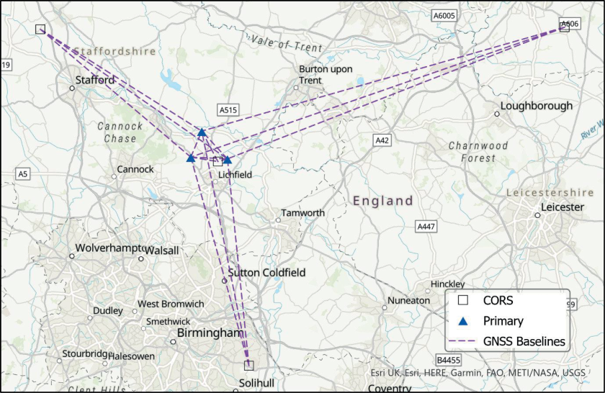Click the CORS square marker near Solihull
[248, 365]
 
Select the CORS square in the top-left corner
[40, 30]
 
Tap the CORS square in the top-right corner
[565, 27]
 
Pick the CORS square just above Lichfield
[218, 161]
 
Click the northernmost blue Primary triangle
[202, 133]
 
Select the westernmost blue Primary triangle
[191, 158]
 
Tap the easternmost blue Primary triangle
[227, 160]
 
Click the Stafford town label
[95, 80]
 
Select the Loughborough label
[537, 106]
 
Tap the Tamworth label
[302, 213]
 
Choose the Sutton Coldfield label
[266, 273]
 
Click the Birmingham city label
[210, 333]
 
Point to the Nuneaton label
[408, 300]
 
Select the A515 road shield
[228, 110]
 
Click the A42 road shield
[382, 140]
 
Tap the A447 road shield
[426, 227]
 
